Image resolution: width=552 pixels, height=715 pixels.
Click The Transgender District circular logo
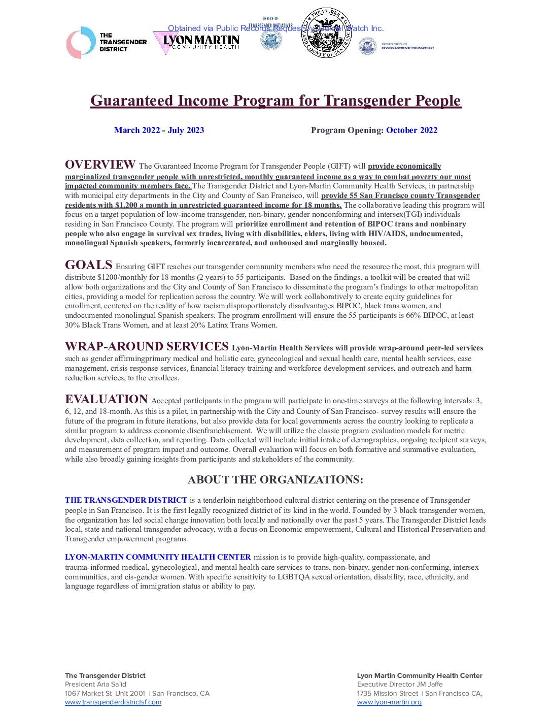[81, 43]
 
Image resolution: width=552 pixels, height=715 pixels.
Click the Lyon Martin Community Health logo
[196, 43]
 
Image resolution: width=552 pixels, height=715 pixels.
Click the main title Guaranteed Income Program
[275, 101]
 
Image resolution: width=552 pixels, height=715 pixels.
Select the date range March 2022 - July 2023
[159, 130]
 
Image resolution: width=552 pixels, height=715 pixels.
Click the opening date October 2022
[411, 130]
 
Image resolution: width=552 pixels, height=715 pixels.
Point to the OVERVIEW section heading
[100, 165]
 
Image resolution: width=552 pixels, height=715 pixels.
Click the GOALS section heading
[89, 265]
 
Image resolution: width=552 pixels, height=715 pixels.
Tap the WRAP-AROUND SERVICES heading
[147, 346]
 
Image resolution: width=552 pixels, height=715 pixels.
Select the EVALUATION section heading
[106, 399]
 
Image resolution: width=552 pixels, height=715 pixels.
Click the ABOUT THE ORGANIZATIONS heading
[275, 480]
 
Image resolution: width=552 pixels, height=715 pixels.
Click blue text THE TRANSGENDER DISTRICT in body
[126, 500]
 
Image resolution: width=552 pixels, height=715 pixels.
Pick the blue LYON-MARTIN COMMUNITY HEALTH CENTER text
[158, 557]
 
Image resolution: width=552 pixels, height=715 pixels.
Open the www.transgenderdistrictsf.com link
[113, 702]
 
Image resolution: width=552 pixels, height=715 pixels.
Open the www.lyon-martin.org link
[389, 702]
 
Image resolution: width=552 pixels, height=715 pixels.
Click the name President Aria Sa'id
[95, 685]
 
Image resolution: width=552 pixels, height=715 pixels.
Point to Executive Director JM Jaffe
[400, 685]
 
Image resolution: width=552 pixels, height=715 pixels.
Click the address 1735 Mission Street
[388, 693]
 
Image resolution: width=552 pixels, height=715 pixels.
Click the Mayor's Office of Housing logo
[396, 46]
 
